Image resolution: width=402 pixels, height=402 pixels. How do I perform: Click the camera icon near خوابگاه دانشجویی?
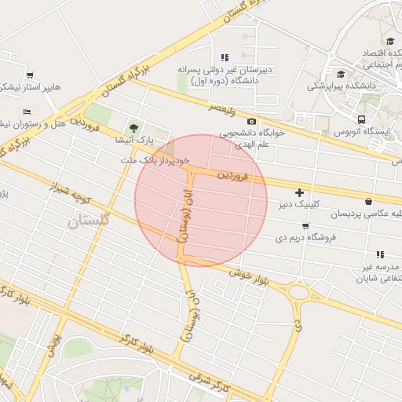251,121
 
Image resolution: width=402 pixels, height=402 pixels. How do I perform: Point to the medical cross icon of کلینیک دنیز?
299,192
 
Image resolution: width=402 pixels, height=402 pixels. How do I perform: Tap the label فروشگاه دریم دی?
306,236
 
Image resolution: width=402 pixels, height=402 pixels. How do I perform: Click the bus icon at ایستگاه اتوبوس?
361,119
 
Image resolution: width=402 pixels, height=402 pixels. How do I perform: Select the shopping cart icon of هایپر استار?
30,75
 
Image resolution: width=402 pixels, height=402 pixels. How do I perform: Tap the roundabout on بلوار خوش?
299,293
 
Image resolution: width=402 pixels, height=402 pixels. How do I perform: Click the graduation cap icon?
390,42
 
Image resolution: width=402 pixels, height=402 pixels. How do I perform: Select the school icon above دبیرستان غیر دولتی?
225,57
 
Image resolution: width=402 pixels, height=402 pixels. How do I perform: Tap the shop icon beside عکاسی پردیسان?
369,200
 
